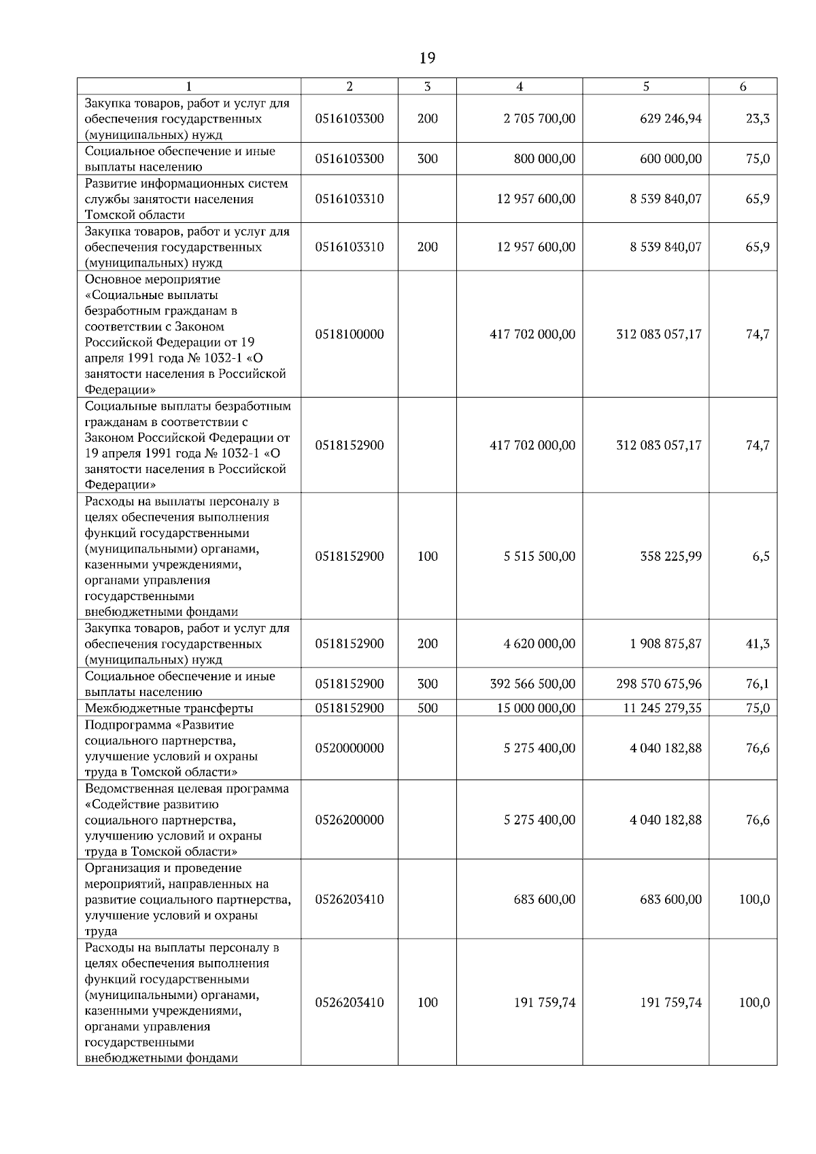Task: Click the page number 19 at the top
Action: (427, 58)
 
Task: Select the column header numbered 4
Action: (520, 86)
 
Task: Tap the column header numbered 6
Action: (743, 86)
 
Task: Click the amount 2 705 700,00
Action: (539, 119)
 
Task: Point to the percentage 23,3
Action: (758, 119)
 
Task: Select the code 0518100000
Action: (350, 334)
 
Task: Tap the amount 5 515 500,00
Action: (539, 557)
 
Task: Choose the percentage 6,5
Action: (761, 557)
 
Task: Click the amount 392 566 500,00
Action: (532, 684)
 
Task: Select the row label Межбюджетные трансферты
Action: (169, 708)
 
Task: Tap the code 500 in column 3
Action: (427, 708)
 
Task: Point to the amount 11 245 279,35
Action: (662, 708)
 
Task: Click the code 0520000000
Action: (350, 748)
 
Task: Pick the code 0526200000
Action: (350, 820)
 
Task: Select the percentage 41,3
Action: (758, 644)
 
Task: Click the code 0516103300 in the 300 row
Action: (350, 159)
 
